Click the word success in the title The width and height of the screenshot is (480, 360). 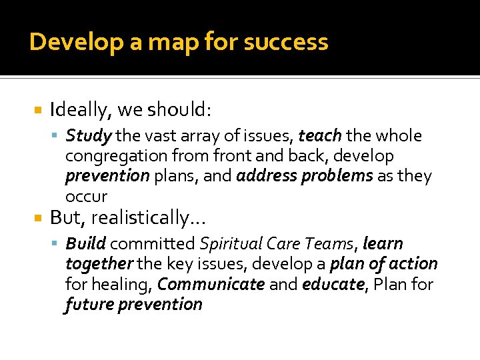pos(286,42)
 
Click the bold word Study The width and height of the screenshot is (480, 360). pos(88,136)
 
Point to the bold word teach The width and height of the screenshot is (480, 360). pos(320,136)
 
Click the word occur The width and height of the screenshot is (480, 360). pos(86,196)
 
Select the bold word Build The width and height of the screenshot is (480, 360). pos(85,244)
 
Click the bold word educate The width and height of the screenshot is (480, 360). pos(333,284)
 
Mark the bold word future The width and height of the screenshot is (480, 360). pos(89,304)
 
